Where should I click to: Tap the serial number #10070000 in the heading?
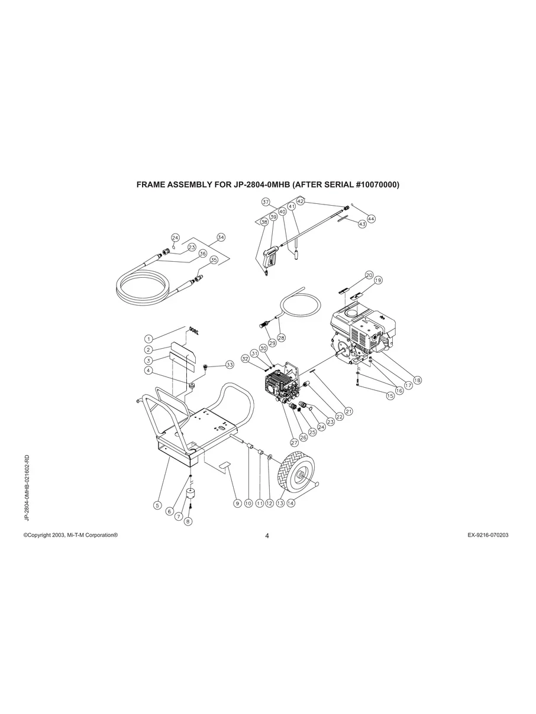click(x=377, y=184)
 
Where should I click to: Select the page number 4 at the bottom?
click(x=267, y=536)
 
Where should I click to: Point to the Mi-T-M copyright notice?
click(x=70, y=535)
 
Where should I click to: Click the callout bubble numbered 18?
click(x=417, y=380)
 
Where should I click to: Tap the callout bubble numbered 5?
click(x=157, y=505)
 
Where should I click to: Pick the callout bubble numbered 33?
click(x=230, y=365)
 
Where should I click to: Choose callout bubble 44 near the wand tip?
click(x=371, y=218)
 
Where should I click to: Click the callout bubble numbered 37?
click(x=266, y=202)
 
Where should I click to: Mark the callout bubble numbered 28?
click(x=281, y=337)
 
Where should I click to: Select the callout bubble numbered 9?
click(x=237, y=503)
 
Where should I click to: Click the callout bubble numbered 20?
click(x=369, y=275)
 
